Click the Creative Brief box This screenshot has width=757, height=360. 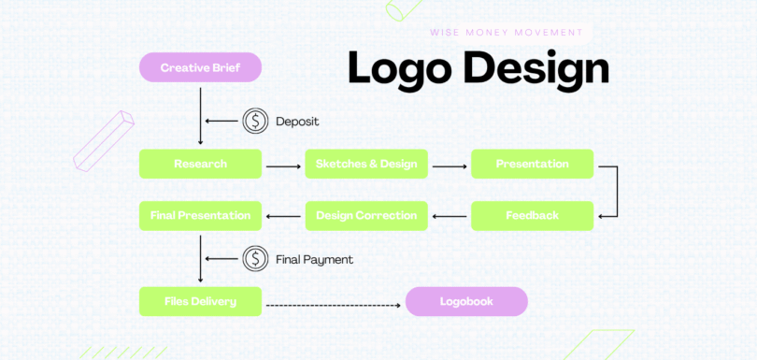[200, 67]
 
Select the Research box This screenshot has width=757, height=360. [200, 164]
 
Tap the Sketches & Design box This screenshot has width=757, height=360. [366, 164]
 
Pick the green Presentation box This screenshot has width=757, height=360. [532, 164]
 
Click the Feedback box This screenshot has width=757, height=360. [532, 215]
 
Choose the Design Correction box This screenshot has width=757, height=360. [366, 215]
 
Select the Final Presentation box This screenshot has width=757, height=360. [200, 215]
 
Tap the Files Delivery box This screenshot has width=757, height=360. [200, 301]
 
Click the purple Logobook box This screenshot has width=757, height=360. [466, 301]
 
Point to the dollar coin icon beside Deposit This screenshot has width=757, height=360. [255, 121]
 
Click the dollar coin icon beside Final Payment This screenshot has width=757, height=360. [255, 259]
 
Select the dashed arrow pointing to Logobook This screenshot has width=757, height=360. [334, 305]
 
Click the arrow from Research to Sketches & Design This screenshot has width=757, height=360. [283, 167]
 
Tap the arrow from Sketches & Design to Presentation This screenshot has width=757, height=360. [450, 167]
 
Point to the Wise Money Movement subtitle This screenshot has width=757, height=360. [506, 32]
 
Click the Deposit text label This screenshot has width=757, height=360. [297, 122]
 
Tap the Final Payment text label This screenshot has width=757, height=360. [314, 259]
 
